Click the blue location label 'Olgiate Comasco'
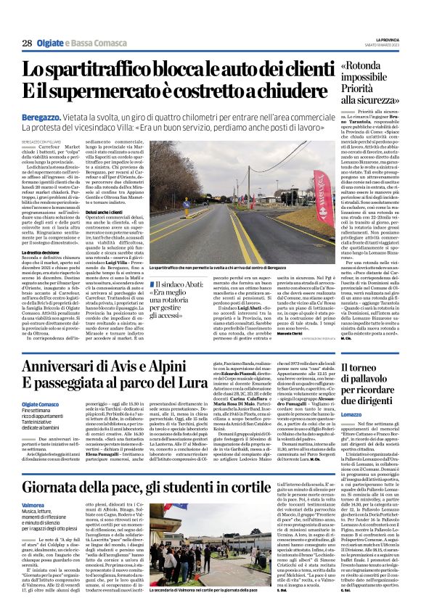tap(41, 404)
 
